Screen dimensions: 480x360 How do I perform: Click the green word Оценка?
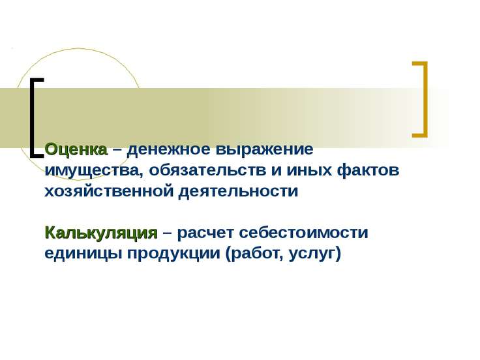pyautogui.click(x=76, y=149)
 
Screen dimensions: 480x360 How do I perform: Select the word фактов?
pyautogui.click(x=368, y=170)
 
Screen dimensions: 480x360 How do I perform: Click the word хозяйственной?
pyautogui.click(x=109, y=191)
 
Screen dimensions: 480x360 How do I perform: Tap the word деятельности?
pyautogui.click(x=238, y=192)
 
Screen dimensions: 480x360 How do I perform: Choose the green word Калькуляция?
pyautogui.click(x=101, y=233)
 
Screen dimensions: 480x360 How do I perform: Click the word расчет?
pyautogui.click(x=205, y=233)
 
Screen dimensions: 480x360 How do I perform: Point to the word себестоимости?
pyautogui.click(x=303, y=233)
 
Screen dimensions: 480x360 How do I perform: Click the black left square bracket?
pyautogui.click(x=31, y=118)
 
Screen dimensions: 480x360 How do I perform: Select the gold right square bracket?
pyautogui.click(x=425, y=100)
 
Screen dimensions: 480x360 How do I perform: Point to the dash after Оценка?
pyautogui.click(x=117, y=150)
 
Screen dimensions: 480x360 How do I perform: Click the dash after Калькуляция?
pyautogui.click(x=168, y=234)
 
